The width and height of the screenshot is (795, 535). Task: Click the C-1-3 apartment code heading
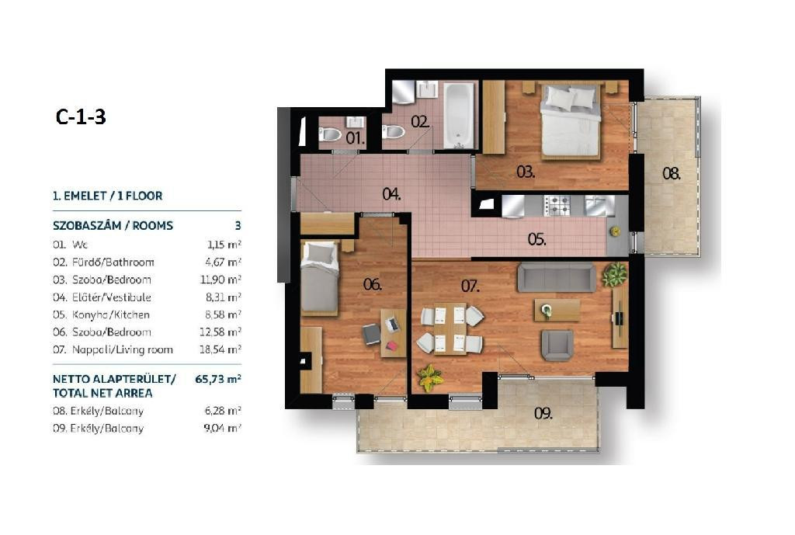(81, 116)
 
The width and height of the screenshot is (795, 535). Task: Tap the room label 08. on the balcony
(672, 174)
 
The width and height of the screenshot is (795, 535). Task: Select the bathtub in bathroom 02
(459, 116)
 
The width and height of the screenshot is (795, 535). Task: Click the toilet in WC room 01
(330, 135)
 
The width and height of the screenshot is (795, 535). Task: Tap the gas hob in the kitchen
(557, 205)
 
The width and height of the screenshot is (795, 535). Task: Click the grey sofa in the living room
(556, 277)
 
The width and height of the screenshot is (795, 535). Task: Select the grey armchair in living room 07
(557, 346)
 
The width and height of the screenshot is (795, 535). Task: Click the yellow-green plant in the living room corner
(430, 378)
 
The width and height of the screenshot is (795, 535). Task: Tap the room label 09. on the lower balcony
(543, 414)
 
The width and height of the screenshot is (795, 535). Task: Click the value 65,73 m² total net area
(218, 379)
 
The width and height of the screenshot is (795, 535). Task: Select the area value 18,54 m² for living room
(220, 349)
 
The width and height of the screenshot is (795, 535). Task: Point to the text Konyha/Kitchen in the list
(110, 314)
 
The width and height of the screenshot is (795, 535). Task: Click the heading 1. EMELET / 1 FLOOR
(107, 196)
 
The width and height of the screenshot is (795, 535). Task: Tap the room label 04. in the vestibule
(391, 193)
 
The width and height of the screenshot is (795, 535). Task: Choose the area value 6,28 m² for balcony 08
(223, 411)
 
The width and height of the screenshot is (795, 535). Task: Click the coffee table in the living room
(557, 310)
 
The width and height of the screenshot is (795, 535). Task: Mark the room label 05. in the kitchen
(536, 239)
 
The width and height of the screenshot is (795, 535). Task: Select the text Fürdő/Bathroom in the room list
(113, 262)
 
